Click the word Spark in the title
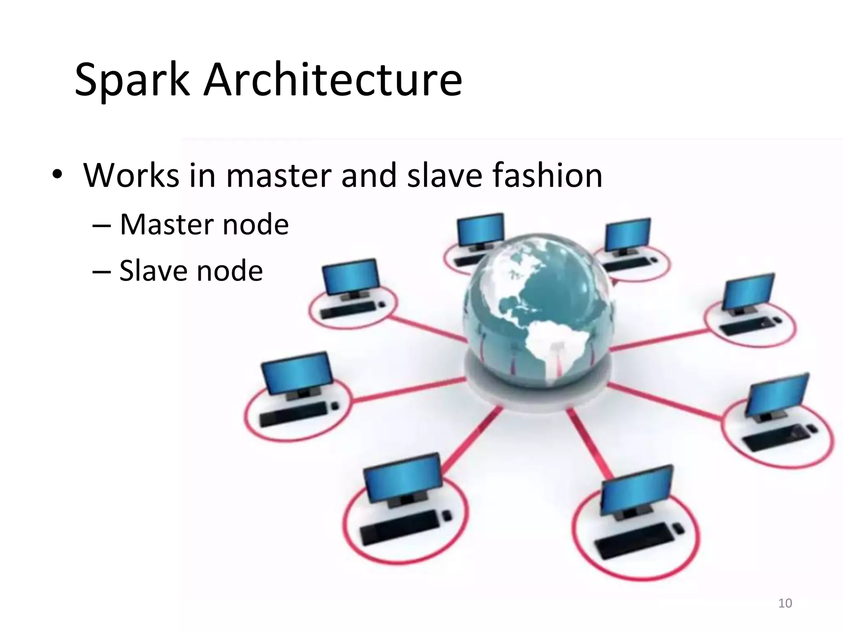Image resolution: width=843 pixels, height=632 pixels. click(132, 81)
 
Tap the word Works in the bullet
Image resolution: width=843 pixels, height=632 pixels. click(131, 176)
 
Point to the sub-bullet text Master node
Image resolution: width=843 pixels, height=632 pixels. click(204, 225)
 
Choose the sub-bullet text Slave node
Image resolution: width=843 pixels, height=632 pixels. click(191, 271)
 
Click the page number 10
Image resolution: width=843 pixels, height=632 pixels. click(785, 603)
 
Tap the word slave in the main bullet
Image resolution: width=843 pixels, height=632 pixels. click(445, 176)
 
